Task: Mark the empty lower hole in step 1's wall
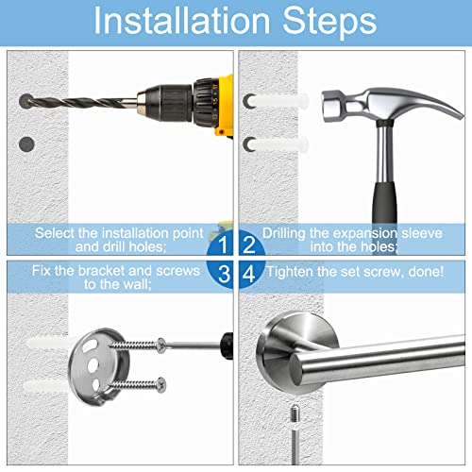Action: coord(25,144)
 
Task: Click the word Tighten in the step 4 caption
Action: coord(297,271)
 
